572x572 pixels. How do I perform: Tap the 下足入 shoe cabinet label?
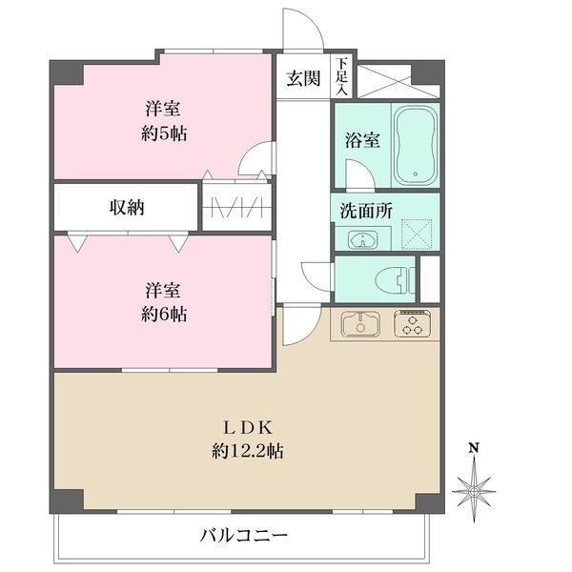pos(340,76)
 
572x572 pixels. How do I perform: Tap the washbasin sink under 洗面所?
pos(362,238)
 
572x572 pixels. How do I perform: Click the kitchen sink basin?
pos(359,324)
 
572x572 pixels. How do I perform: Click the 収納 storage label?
pos(126,206)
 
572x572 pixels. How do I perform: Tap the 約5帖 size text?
pos(164,133)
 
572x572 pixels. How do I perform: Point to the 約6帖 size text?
pos(164,314)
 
